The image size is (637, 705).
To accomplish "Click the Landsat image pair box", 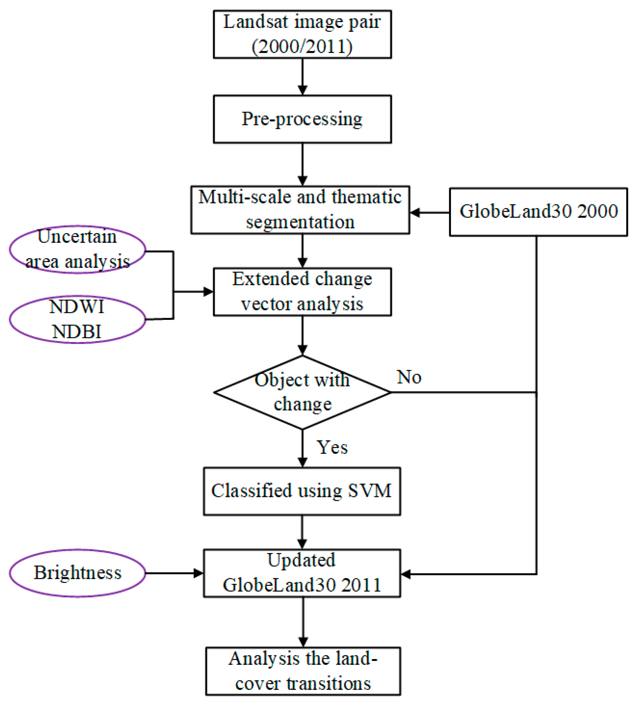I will (x=302, y=34).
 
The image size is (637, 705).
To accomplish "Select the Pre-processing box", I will (x=302, y=119).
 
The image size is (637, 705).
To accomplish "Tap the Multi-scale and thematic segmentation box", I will (x=300, y=210).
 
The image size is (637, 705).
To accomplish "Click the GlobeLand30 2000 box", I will (x=538, y=212).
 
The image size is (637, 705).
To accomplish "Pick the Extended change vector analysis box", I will (x=302, y=292).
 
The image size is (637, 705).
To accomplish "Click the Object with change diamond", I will (x=302, y=392).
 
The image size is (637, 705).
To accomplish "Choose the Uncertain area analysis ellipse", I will (x=77, y=249).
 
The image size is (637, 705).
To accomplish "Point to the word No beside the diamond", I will (x=409, y=377).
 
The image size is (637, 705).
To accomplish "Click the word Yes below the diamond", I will (x=332, y=447).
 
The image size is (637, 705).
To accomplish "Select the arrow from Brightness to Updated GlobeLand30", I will (x=174, y=573).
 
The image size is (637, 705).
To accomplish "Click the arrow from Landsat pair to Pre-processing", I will (x=302, y=76).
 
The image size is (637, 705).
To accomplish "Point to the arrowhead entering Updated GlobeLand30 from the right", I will (x=406, y=574).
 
